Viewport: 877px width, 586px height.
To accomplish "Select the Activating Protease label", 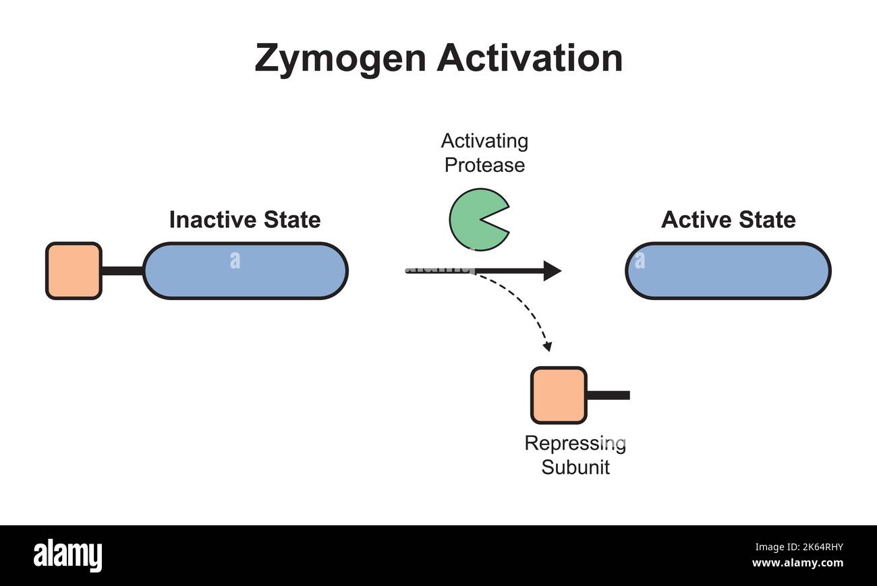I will click(484, 153).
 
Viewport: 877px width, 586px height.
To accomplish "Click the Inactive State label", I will click(244, 220).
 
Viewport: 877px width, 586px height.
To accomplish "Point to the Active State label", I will click(728, 220).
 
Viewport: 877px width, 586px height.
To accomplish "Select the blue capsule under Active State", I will click(728, 270).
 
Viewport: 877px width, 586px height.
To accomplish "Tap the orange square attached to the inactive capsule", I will click(74, 270).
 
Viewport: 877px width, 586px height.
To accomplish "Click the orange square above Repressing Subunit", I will click(559, 395).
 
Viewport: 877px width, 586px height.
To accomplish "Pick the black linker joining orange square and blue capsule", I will click(122, 271).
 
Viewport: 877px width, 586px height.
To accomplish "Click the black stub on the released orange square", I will click(609, 395).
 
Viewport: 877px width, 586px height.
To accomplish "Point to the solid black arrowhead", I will click(553, 270).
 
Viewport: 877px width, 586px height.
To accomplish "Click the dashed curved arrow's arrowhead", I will click(548, 347).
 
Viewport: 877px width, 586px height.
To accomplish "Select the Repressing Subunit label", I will click(575, 455).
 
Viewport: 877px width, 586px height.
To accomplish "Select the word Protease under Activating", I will click(484, 165).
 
